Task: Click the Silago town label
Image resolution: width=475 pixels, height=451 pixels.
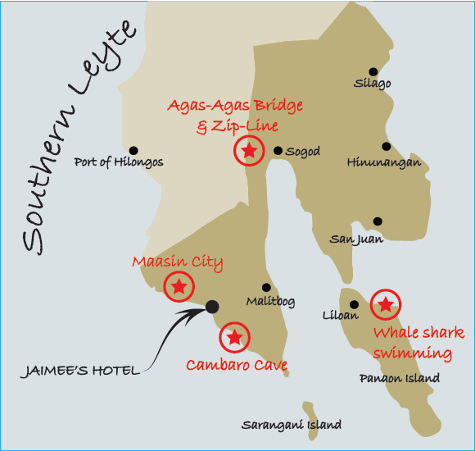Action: click(x=373, y=84)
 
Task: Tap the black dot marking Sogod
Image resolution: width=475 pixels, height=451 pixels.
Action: click(x=278, y=151)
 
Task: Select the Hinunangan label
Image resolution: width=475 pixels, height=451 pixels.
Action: click(x=384, y=162)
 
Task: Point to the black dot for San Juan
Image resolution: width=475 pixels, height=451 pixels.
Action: click(x=378, y=221)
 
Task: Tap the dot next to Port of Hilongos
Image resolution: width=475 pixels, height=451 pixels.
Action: click(x=133, y=150)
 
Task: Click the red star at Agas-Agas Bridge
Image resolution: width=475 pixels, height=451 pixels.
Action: click(x=249, y=150)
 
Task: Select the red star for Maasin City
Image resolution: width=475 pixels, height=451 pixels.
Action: click(x=179, y=286)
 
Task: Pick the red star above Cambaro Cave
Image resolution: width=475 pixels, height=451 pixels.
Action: click(x=234, y=336)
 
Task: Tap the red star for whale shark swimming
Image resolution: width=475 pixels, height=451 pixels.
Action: click(x=385, y=305)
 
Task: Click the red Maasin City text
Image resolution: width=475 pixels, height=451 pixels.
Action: click(x=178, y=262)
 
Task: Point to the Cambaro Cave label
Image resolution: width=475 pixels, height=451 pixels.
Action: click(x=237, y=365)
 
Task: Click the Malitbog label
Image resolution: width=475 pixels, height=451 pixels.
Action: click(x=270, y=301)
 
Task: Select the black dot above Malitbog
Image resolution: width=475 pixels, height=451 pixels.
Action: click(x=266, y=288)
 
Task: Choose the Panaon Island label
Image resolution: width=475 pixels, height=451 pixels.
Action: click(x=400, y=378)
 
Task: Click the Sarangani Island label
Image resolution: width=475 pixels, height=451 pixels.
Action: click(x=292, y=426)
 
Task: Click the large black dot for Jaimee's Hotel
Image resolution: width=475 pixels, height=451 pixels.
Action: click(x=211, y=307)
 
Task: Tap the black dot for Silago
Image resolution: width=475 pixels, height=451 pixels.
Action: click(x=373, y=71)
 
